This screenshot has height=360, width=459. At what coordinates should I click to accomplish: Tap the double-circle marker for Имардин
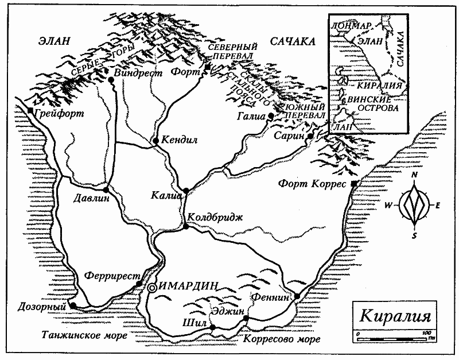(152, 288)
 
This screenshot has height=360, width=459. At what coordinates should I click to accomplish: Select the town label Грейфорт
(59, 113)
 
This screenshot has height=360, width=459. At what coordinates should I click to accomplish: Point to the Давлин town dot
(106, 190)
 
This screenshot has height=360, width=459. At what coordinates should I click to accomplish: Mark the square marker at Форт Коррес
(354, 184)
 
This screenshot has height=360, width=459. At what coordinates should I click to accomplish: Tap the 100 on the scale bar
(425, 333)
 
